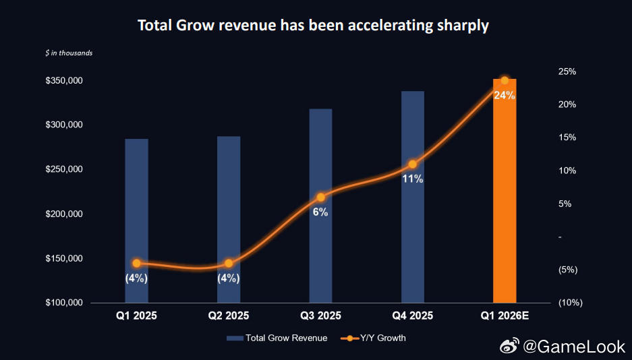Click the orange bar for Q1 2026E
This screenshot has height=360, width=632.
tap(505, 202)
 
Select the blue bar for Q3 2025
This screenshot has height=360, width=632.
tap(320, 256)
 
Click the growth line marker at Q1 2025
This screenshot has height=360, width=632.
tap(136, 264)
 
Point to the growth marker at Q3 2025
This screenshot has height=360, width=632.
tap(320, 198)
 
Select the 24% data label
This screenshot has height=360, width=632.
tap(505, 96)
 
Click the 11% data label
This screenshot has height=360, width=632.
tap(413, 179)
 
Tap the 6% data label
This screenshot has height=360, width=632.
tap(320, 212)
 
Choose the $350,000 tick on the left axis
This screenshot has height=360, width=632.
tap(63, 81)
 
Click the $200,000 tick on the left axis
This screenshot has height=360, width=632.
tap(63, 214)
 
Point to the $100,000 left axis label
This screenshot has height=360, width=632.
tap(63, 303)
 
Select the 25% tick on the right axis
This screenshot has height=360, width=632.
tap(567, 71)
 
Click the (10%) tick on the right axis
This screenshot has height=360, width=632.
tap(570, 303)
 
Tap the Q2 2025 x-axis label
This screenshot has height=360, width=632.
tap(229, 316)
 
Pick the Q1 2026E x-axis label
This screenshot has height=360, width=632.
tap(505, 316)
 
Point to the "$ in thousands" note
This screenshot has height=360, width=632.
tap(69, 53)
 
